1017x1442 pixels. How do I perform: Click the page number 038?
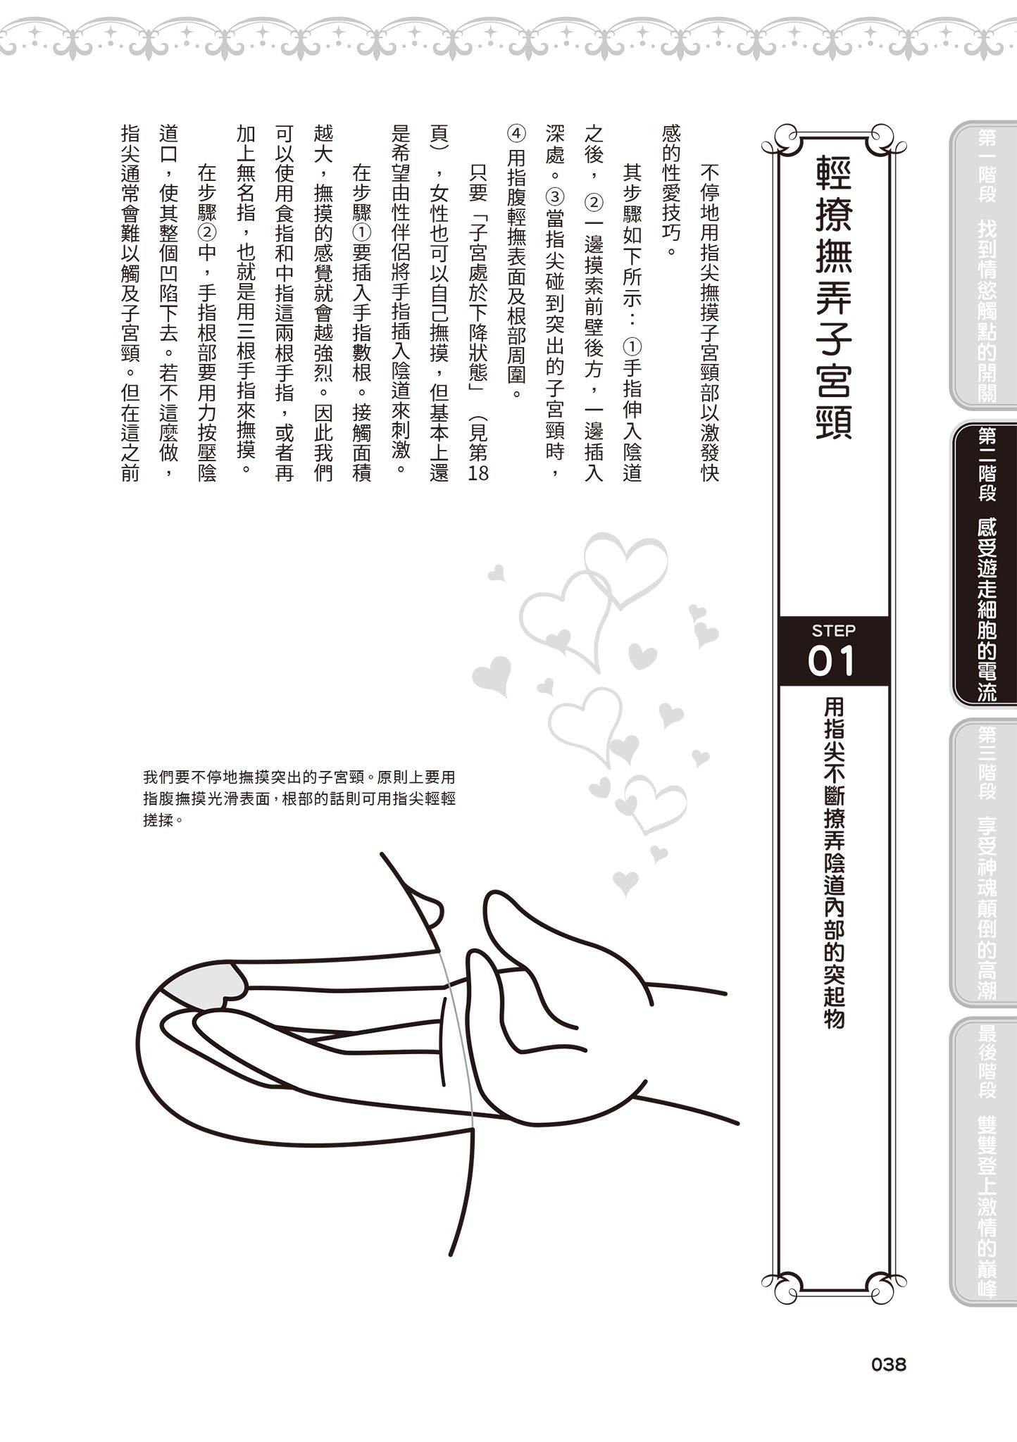[888, 1365]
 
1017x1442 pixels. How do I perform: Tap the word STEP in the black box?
[833, 630]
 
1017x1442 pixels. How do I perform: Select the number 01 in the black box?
[832, 662]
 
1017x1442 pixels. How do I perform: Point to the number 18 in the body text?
[478, 471]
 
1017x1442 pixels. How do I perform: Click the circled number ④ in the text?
[516, 134]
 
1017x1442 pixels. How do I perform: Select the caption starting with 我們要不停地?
[299, 798]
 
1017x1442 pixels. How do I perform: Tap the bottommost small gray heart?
[625, 882]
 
